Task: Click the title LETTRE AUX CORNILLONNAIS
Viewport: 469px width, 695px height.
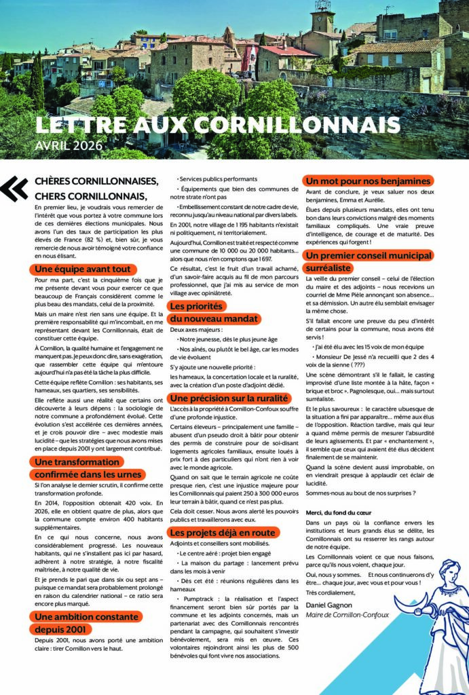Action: [x=217, y=125]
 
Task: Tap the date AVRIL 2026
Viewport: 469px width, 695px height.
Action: [x=69, y=145]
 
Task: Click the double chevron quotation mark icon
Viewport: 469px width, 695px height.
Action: [x=14, y=189]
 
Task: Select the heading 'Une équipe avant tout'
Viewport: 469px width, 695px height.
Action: [x=83, y=269]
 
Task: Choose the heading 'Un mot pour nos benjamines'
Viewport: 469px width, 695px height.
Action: [x=368, y=181]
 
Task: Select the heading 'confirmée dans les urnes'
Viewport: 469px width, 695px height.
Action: [x=88, y=474]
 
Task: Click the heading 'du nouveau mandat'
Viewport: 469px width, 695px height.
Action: [x=204, y=318]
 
